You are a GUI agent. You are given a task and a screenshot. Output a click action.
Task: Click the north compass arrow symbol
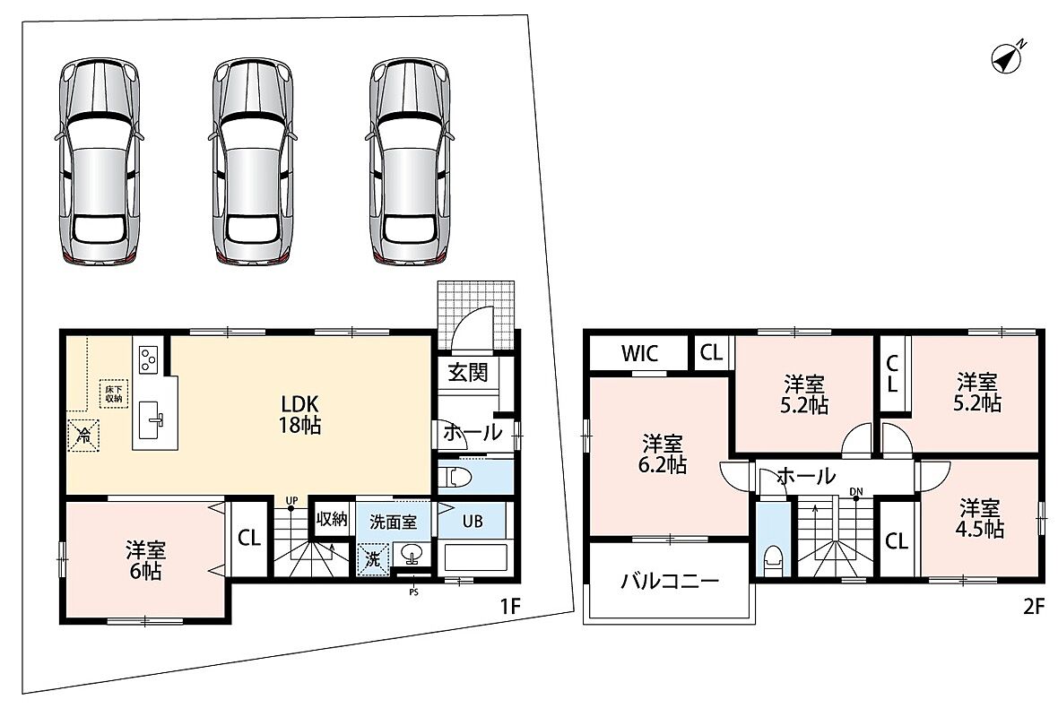click(x=1008, y=57)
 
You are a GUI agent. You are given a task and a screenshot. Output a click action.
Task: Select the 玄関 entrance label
click(x=468, y=372)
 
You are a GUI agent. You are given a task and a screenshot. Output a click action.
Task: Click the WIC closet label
click(x=639, y=353)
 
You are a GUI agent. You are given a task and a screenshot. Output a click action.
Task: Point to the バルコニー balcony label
click(x=670, y=581)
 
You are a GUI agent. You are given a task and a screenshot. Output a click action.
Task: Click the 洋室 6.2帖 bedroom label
click(x=663, y=454)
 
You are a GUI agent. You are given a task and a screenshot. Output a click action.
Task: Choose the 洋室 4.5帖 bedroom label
click(x=980, y=517)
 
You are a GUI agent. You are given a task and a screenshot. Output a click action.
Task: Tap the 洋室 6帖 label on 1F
click(x=146, y=560)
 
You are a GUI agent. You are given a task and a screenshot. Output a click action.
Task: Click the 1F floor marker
click(x=510, y=607)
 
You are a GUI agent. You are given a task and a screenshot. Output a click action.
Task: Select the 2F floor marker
click(x=1033, y=607)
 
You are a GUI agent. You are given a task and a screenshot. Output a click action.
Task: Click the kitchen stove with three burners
click(x=148, y=358)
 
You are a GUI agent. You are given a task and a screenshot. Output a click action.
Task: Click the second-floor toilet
click(x=772, y=560)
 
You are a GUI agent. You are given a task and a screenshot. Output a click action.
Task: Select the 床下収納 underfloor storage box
click(x=113, y=393)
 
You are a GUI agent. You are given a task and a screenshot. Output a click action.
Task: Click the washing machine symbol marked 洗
click(x=373, y=558)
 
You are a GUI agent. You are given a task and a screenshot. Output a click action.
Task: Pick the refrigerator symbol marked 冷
click(x=83, y=436)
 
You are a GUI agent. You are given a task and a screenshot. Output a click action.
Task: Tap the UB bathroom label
click(x=473, y=522)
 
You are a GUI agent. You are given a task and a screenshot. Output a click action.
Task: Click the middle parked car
click(x=252, y=161)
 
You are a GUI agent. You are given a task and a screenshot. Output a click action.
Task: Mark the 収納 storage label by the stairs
click(x=332, y=519)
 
